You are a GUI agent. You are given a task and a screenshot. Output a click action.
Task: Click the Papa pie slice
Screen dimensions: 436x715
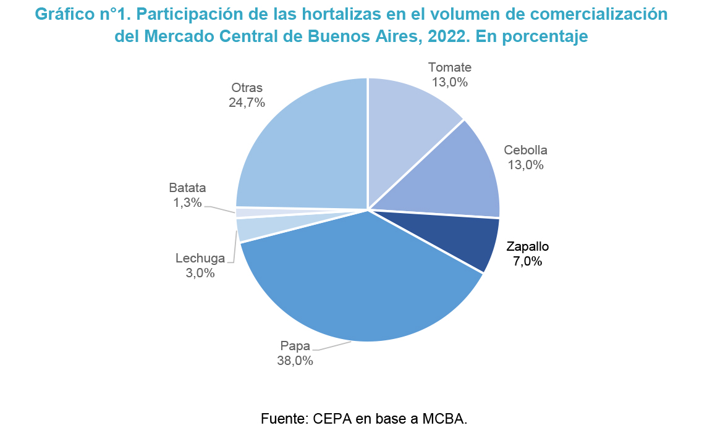(x=358, y=284)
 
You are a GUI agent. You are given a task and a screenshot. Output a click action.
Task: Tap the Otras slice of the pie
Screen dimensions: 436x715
(x=303, y=148)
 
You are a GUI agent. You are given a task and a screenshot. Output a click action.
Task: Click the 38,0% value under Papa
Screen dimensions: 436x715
(x=295, y=361)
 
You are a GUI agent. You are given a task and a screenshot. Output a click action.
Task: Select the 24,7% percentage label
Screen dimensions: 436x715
(x=247, y=103)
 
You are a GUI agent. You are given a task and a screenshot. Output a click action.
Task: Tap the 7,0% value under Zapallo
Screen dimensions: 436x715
(x=527, y=261)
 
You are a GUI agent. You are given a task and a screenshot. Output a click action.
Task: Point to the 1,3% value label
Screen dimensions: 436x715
(x=188, y=202)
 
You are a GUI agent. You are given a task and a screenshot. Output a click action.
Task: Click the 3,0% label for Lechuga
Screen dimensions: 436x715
(x=200, y=272)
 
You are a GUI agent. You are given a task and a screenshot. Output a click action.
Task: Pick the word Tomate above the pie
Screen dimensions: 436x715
(x=450, y=67)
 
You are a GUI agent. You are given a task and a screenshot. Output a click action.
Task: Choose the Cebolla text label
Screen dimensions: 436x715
(x=526, y=150)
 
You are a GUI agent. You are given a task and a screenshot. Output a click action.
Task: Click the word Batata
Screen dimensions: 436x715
(x=187, y=188)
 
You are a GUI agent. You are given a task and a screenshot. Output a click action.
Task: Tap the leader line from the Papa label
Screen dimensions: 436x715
(x=334, y=346)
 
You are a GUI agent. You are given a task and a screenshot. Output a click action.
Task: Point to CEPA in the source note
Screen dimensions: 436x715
(x=334, y=418)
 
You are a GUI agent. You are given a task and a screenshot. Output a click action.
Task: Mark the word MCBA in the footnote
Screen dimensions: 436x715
(x=442, y=418)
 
